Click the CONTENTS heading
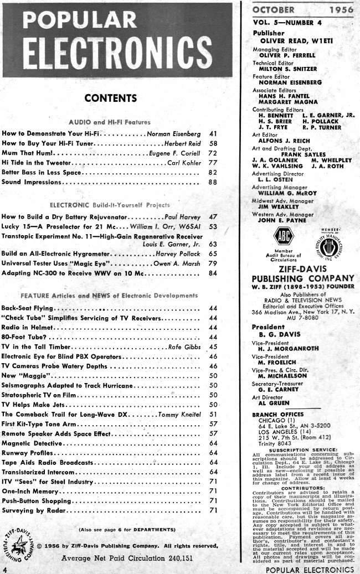[111, 99]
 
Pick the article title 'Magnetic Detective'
[32, 442]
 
